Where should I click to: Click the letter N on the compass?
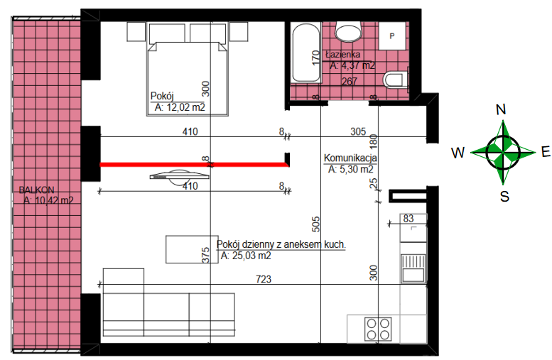[501, 109]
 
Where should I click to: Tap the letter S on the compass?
[504, 196]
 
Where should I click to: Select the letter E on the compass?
[546, 152]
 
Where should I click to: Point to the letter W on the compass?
[458, 153]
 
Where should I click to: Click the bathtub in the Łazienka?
[306, 53]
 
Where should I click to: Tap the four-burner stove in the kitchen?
[378, 329]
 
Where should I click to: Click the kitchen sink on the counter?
[413, 268]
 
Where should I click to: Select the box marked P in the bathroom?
[392, 36]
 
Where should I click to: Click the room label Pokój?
[162, 96]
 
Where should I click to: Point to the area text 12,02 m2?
[185, 107]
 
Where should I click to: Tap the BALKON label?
[37, 190]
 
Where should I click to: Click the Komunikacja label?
[350, 158]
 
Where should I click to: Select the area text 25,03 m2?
[251, 256]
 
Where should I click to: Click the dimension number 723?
[264, 279]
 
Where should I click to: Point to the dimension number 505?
[315, 224]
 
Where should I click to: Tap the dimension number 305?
[358, 131]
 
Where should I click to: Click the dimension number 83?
[408, 219]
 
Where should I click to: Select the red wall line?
[195, 164]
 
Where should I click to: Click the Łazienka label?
[342, 55]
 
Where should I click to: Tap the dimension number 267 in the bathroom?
[350, 81]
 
